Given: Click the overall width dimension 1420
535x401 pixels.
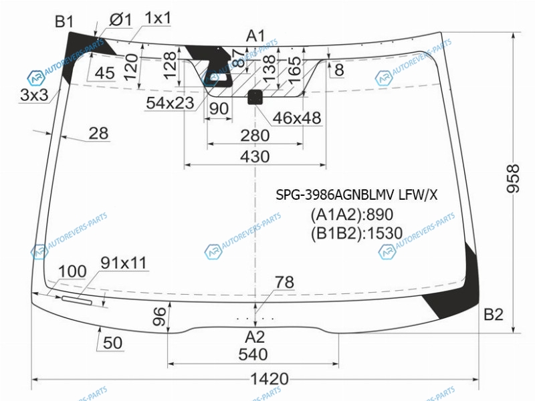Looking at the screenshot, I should coord(270,380).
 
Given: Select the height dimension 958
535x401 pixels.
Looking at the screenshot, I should coord(514,179).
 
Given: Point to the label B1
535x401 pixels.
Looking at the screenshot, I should coord(64,22).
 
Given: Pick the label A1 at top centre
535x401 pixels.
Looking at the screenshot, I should coord(255,35).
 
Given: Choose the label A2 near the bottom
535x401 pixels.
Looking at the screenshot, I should coord(255,336).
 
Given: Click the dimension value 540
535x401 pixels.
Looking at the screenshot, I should coord(253,354).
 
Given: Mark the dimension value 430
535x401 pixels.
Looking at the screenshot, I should coord(255,156).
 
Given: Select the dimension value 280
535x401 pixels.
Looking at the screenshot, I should coord(255,136).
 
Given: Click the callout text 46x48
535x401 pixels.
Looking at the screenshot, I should coord(297,118).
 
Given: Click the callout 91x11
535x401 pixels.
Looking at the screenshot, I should coord(124,263).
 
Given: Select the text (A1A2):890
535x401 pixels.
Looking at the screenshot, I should coord(351,215).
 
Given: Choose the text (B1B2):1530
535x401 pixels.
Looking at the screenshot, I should coord(356,233).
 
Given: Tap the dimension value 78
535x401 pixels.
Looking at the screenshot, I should coord(284,283).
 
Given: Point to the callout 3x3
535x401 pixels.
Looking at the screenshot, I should coord(34,95).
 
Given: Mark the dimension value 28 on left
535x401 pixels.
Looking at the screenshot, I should coord(98,133).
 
